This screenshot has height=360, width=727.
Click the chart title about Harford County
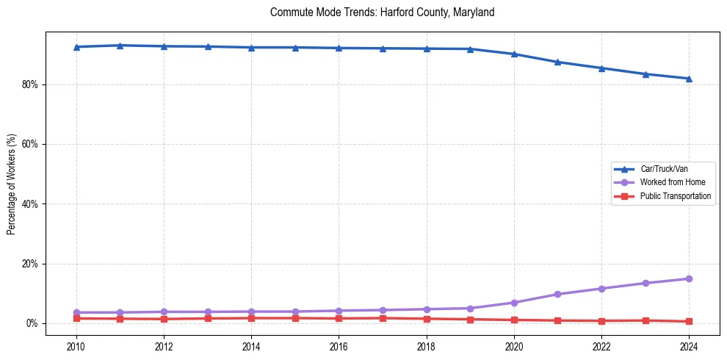coord(382,12)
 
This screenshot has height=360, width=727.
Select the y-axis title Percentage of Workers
coord(12,184)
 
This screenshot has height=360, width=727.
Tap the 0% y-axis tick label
coord(32,323)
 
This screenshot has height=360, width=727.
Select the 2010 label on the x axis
coord(76,346)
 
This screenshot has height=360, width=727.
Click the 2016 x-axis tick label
coord(339,346)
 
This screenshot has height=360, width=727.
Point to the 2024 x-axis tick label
coord(689,346)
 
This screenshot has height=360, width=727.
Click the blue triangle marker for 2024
coord(689,79)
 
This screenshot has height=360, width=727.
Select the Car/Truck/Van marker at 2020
coord(514,54)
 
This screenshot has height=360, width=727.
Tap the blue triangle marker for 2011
coord(120,46)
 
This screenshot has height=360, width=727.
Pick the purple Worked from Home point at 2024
coord(689,278)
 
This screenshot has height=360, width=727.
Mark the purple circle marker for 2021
coord(557,294)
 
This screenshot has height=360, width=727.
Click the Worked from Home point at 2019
coord(470,308)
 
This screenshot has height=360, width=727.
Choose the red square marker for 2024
coord(689,321)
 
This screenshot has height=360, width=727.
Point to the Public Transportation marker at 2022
coord(601,320)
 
